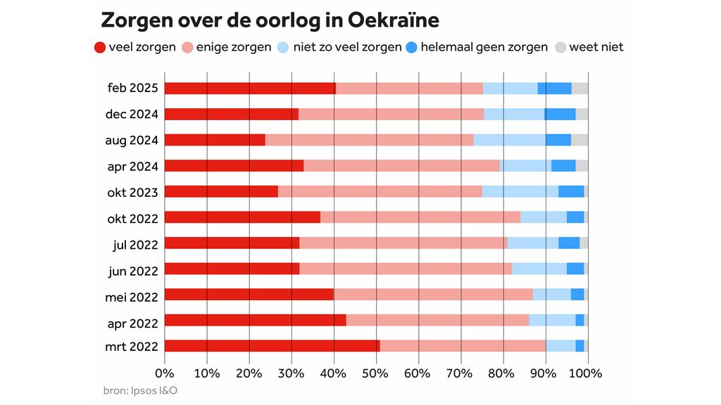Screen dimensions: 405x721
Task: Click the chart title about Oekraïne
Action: [x=270, y=20]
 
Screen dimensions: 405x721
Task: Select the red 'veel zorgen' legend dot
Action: [x=100, y=48]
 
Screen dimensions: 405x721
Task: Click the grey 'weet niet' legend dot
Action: [x=560, y=48]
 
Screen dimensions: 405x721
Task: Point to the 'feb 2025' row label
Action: [x=132, y=88]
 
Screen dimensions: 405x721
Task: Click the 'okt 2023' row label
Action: [x=132, y=192]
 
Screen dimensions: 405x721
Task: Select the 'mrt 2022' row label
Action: [x=132, y=346]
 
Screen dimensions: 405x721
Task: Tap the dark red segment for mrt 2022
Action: [x=272, y=346]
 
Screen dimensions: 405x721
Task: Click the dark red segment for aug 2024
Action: [x=215, y=140]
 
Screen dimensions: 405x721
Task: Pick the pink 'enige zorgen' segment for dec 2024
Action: [x=391, y=114]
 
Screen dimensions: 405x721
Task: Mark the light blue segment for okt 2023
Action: [x=520, y=191]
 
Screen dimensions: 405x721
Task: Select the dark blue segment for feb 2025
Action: [x=555, y=88]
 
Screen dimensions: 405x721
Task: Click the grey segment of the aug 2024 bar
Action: [x=579, y=140]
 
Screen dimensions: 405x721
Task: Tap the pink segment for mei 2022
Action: [x=433, y=295]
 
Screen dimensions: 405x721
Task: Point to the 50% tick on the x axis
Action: [x=376, y=373]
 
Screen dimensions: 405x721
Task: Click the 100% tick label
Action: [x=588, y=373]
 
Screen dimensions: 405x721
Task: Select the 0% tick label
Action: [x=164, y=373]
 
